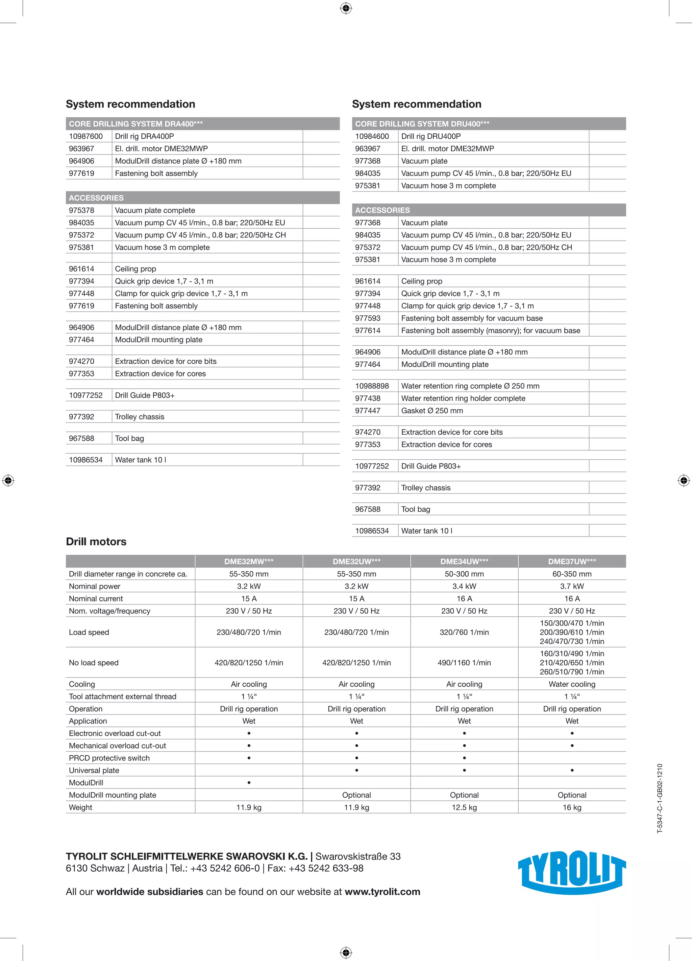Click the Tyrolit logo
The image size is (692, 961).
[571, 872]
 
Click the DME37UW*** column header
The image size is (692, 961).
[572, 561]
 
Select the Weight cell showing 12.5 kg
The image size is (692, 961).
[464, 807]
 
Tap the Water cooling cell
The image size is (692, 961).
[572, 684]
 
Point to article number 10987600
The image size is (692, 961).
[86, 136]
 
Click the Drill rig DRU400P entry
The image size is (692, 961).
[431, 136]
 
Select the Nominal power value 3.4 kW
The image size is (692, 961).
[464, 586]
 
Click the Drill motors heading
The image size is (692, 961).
[96, 542]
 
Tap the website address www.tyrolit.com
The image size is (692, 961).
[382, 892]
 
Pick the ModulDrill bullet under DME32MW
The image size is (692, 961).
[249, 783]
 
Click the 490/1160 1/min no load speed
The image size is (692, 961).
[464, 662]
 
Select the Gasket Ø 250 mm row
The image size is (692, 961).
[432, 411]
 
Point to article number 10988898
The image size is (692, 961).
[372, 386]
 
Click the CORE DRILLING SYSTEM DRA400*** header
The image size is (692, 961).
[136, 124]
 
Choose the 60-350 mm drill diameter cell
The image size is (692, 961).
[572, 574]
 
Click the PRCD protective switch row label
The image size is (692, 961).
[109, 758]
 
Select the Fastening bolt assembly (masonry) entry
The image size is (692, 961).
[491, 330]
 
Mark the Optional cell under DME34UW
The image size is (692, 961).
[464, 795]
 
